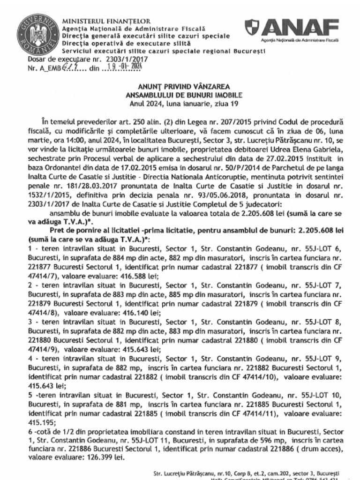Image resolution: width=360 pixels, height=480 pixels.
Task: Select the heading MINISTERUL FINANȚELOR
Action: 106,21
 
